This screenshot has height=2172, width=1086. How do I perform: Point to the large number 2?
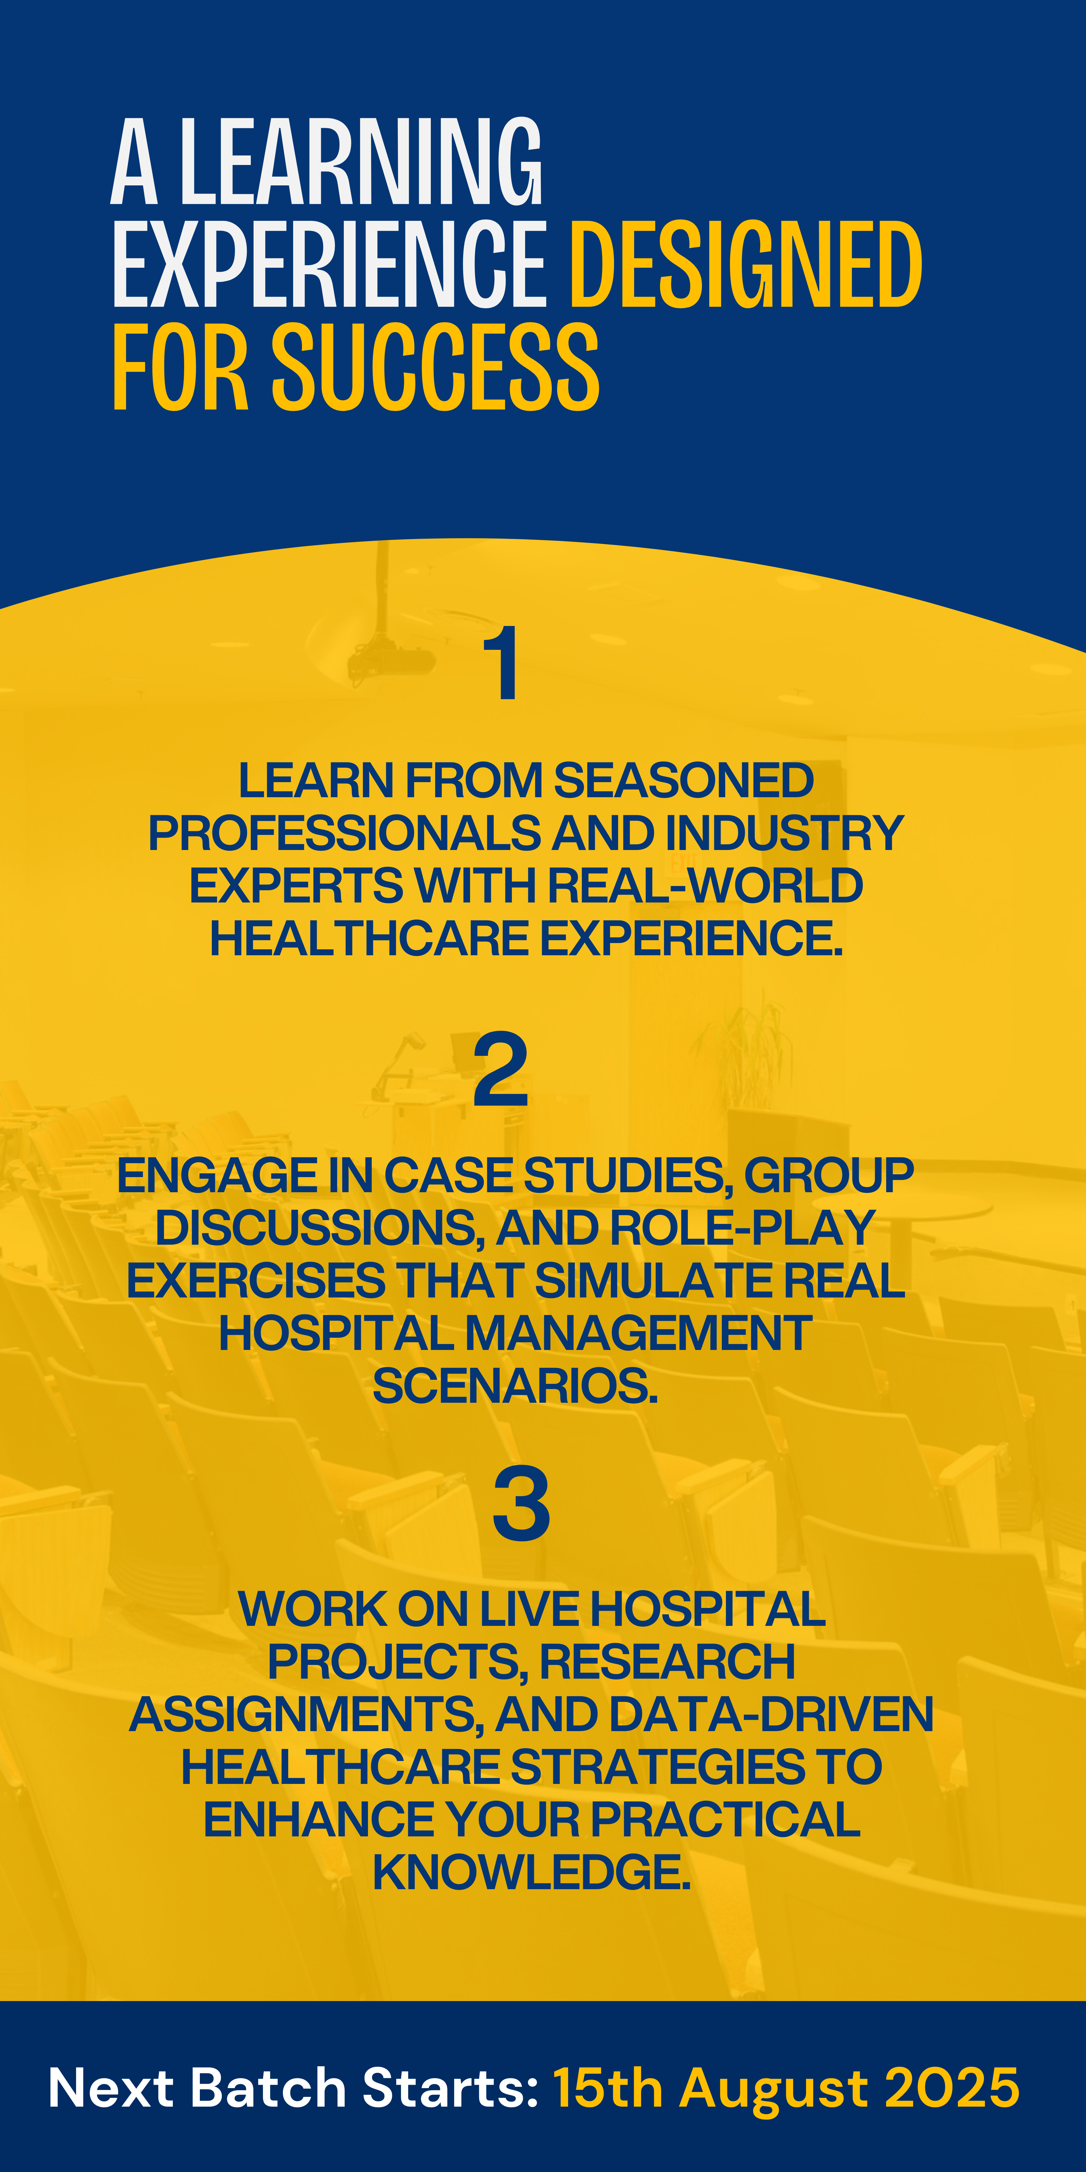501,1069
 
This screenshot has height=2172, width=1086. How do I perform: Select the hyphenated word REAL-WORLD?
705,885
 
